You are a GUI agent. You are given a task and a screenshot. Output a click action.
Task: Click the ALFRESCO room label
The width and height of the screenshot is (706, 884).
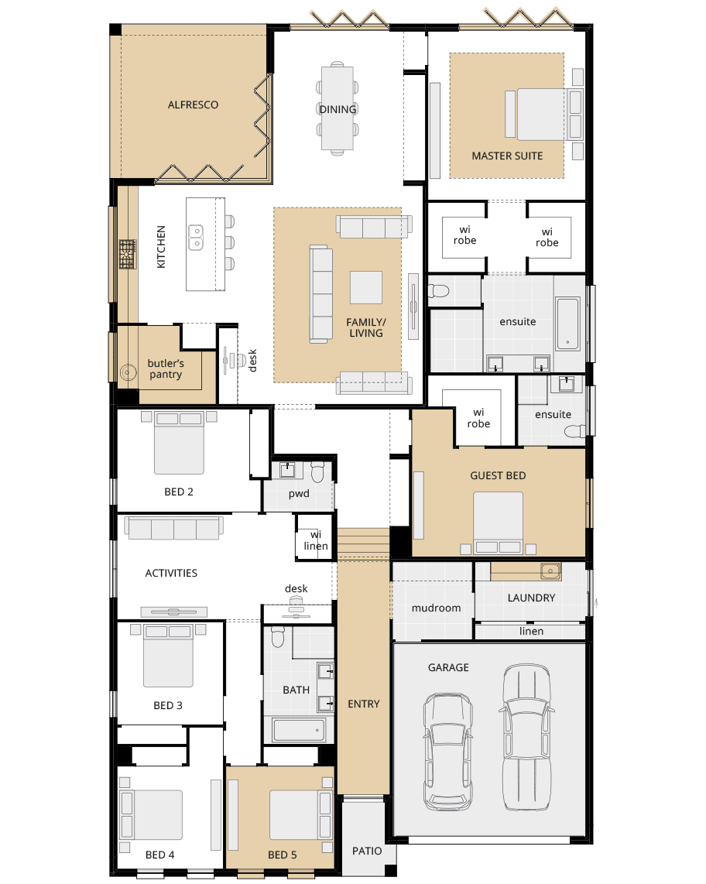tap(193, 105)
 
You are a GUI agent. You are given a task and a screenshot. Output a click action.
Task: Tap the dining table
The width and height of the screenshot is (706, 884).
tap(338, 108)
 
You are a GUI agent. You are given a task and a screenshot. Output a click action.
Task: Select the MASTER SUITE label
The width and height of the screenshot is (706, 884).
tap(507, 156)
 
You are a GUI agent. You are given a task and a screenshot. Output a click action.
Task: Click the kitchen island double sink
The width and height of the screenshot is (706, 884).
tap(196, 238)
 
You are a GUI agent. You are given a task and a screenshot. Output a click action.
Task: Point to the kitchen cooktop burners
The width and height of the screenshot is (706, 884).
tap(128, 253)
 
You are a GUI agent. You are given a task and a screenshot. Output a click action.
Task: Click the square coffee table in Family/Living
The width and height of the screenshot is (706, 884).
tap(366, 287)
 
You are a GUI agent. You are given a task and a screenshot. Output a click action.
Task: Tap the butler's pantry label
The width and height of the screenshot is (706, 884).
tap(165, 368)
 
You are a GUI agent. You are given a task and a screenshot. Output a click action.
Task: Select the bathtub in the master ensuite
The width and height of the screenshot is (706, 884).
tap(567, 324)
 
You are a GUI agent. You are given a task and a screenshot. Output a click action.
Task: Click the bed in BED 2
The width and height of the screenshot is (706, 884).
tap(179, 443)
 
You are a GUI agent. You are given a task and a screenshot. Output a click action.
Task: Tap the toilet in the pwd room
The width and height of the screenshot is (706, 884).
tap(317, 472)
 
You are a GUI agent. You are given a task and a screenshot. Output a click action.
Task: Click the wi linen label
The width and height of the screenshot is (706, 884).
tap(315, 540)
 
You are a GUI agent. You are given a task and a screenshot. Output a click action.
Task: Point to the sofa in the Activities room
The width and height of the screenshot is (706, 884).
tap(173, 528)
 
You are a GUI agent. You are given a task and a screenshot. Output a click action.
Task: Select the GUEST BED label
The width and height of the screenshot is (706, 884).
tap(498, 476)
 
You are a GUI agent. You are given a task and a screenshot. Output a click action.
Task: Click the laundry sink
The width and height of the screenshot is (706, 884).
tap(550, 571)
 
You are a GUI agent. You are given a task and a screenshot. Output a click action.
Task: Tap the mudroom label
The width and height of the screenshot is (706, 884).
tap(436, 608)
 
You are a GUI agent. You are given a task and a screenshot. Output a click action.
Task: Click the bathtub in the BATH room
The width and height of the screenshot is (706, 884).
tap(299, 730)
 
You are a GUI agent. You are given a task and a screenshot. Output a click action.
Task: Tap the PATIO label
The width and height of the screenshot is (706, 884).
tap(366, 851)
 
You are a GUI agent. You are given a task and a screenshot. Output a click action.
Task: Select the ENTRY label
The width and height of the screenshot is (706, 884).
tap(364, 704)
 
